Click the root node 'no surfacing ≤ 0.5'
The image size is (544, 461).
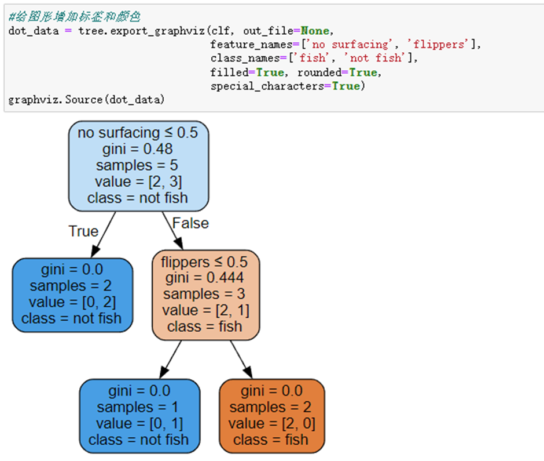tap(137, 166)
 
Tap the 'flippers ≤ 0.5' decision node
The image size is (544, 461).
tap(204, 294)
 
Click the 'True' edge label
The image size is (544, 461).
tap(83, 231)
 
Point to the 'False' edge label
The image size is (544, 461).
tap(190, 223)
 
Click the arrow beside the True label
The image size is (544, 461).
tap(102, 234)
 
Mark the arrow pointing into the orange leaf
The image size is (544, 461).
tap(242, 360)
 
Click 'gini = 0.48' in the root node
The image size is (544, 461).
tap(137, 149)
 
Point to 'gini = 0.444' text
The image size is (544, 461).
tap(204, 278)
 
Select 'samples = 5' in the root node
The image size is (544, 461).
tap(137, 165)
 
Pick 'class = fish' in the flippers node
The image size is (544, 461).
tap(204, 326)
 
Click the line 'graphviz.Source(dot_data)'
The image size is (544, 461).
tap(87, 100)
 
